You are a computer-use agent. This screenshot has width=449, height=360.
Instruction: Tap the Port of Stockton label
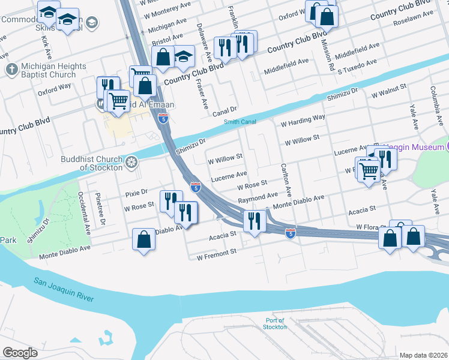pyautogui.click(x=275, y=323)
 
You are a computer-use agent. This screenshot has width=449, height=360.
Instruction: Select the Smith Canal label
pyautogui.click(x=240, y=122)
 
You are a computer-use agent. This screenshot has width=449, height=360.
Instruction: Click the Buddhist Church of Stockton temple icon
pyautogui.click(x=131, y=161)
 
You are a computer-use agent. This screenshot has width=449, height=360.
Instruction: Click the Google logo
pyautogui.click(x=20, y=352)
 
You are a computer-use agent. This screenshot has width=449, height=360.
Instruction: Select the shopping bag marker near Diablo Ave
pyautogui.click(x=144, y=239)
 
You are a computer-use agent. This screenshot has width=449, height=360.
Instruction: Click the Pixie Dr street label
pyautogui.click(x=136, y=193)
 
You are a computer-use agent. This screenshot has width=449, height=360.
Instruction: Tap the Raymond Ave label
pyautogui.click(x=258, y=196)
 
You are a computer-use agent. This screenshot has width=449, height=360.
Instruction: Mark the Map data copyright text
pyautogui.click(x=424, y=355)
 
